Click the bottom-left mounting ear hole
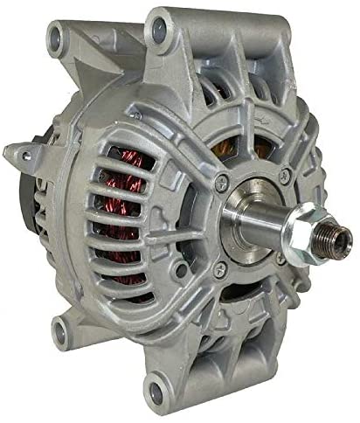click(x=61, y=330)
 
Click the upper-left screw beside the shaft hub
click(x=224, y=181)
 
